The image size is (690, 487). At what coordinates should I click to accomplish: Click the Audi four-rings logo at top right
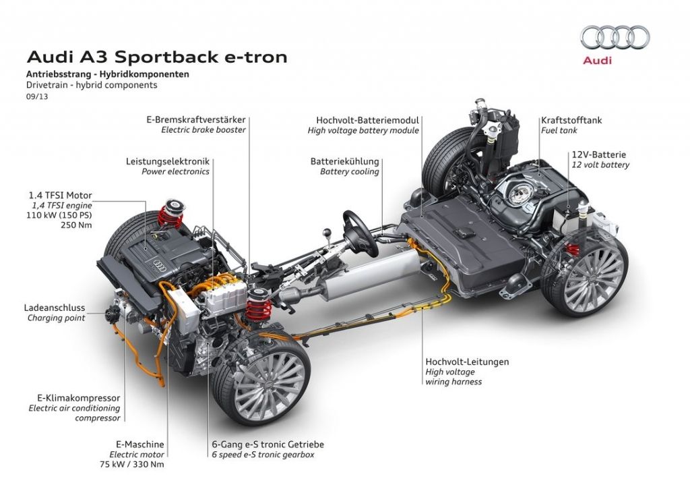click(x=615, y=37)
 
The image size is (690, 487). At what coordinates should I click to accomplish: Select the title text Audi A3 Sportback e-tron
click(x=156, y=57)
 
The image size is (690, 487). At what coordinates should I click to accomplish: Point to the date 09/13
click(x=37, y=96)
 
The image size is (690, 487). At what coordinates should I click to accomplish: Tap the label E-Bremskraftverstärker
click(x=196, y=119)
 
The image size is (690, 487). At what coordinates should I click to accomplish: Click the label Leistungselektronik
click(x=167, y=161)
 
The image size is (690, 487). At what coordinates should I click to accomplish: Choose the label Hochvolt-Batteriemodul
click(x=363, y=120)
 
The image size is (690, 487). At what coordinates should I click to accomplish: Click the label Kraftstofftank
click(x=571, y=120)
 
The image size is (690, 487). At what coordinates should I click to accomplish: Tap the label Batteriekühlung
click(x=344, y=161)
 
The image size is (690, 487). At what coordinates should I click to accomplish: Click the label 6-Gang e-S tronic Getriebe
click(x=267, y=445)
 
